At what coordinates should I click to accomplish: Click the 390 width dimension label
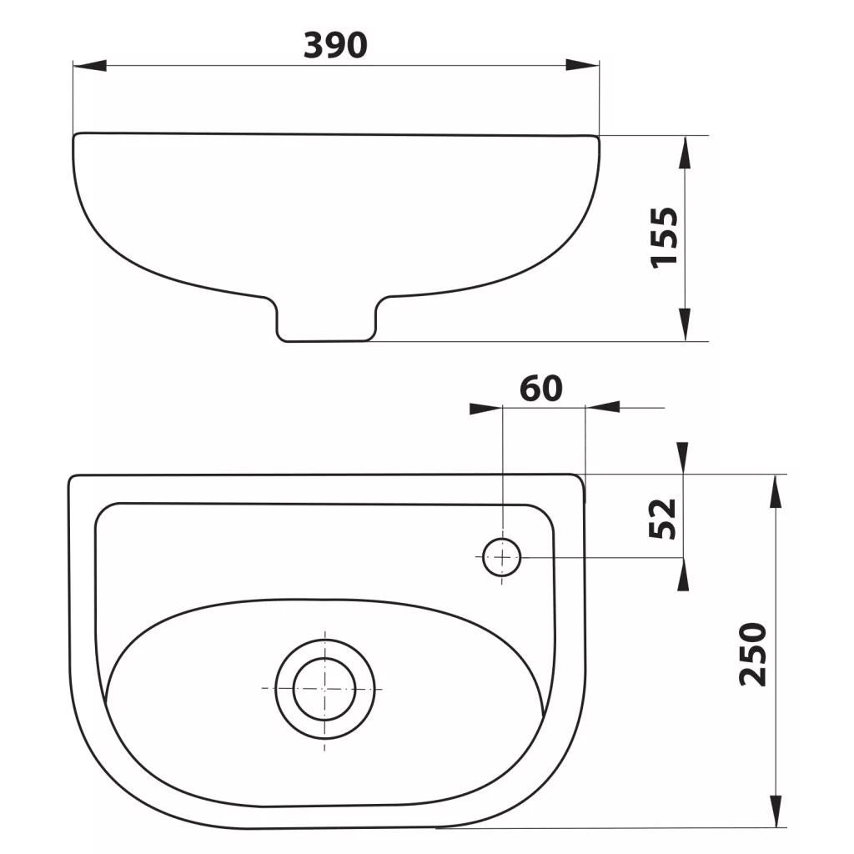335,45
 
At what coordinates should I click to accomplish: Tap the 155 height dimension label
665,237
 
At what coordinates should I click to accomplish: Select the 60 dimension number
540,389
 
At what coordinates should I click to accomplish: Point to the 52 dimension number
662,519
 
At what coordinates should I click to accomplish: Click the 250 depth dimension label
753,654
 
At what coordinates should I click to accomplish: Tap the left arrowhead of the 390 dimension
90,65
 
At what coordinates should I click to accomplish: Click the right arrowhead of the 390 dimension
582,65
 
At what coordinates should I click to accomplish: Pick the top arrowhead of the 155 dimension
685,152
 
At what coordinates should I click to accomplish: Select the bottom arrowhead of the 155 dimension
685,324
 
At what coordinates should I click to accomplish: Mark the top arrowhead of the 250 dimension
776,491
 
